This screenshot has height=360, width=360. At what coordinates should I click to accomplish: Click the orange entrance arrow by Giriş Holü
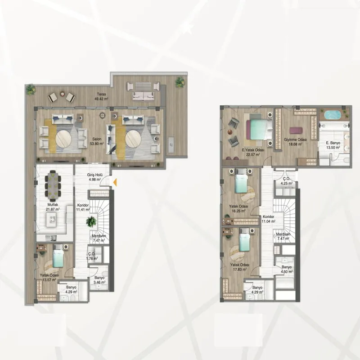(115, 182)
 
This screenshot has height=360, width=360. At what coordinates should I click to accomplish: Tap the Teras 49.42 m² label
(101, 97)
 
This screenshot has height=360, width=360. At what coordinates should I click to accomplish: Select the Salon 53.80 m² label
(97, 141)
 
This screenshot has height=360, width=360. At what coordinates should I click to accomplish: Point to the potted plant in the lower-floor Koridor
(91, 222)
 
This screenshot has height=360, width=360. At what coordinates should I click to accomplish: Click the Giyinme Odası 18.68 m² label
(295, 142)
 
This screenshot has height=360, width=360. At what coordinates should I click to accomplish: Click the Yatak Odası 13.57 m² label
(49, 277)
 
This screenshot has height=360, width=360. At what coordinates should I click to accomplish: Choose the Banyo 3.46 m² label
(99, 280)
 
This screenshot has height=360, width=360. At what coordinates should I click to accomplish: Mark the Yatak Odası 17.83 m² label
(240, 267)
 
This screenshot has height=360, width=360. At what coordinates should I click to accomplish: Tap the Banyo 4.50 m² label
(287, 269)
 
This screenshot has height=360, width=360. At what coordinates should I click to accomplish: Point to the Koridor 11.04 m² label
(269, 219)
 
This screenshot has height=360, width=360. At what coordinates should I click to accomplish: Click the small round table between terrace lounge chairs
(62, 94)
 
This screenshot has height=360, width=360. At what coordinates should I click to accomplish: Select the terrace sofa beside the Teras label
(143, 96)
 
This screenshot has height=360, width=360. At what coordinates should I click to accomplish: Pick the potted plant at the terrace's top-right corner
(180, 82)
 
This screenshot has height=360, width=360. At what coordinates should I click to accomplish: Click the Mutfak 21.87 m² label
(53, 207)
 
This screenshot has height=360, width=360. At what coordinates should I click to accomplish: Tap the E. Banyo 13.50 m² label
(333, 145)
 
